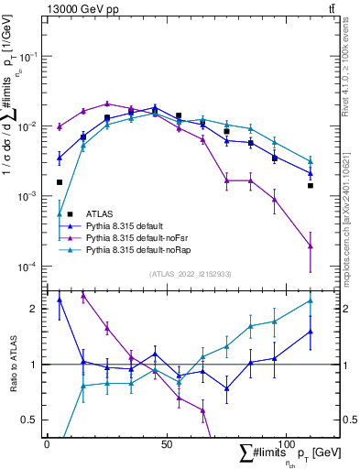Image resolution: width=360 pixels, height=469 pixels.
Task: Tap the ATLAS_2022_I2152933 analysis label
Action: pos(191,274)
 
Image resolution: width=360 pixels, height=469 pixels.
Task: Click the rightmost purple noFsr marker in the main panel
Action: pos(311,245)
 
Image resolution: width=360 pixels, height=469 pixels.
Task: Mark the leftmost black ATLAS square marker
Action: pos(60,182)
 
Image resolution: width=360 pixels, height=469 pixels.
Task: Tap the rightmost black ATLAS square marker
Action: pos(311,186)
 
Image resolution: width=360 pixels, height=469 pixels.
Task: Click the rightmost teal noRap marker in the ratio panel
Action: pos(311,300)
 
